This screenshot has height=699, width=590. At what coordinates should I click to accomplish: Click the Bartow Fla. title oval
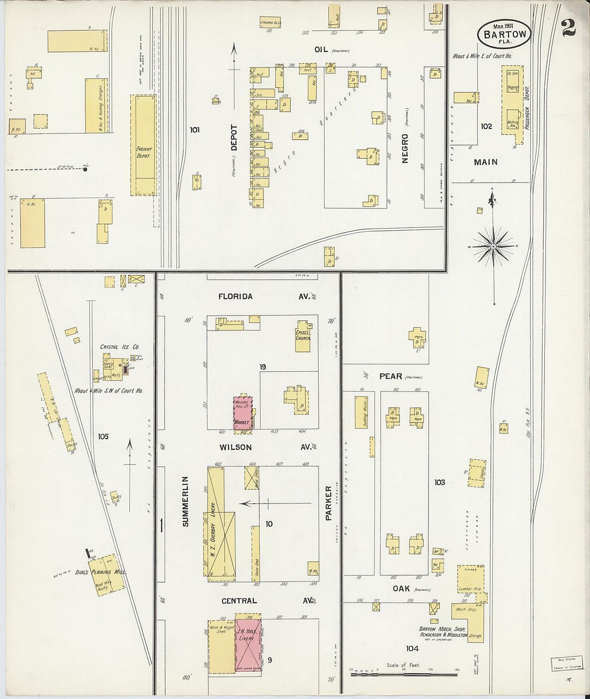click(504, 34)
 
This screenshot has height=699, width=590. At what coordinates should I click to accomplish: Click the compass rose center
click(493, 246)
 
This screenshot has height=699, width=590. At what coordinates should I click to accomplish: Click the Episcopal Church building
click(303, 337)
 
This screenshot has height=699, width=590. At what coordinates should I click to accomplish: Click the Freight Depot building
click(143, 145)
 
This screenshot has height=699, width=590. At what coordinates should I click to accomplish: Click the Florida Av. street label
click(235, 296)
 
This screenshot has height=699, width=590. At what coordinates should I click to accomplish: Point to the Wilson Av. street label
click(235, 447)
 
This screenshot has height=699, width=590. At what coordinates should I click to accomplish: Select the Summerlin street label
click(186, 501)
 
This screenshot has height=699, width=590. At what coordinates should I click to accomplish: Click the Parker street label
click(329, 503)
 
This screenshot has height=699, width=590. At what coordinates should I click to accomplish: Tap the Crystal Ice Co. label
click(120, 347)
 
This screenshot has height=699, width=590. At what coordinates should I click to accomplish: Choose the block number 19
click(263, 367)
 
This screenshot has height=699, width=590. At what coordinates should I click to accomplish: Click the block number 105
click(103, 437)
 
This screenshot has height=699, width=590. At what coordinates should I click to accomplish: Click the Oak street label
click(401, 588)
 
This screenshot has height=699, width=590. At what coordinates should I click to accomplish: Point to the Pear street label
click(390, 376)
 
